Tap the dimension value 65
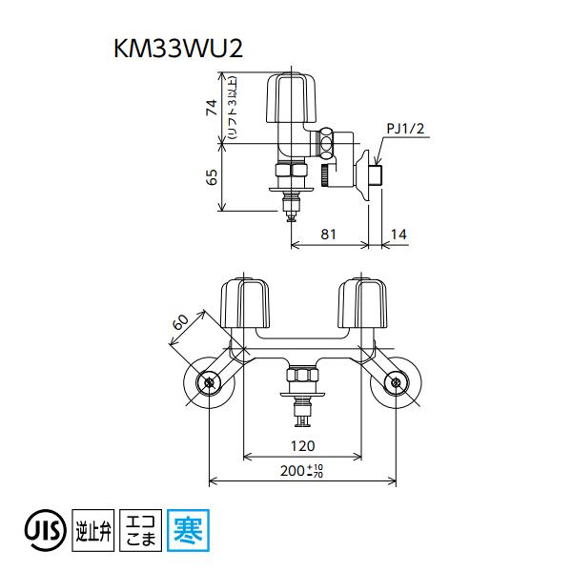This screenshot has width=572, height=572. click(x=213, y=177)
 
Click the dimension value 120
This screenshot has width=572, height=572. click(x=302, y=445)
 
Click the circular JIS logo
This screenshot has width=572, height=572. click(x=42, y=527)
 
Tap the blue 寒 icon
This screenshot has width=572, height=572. click(x=186, y=527)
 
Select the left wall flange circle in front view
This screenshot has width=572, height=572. click(x=209, y=382)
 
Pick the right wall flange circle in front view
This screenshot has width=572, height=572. click(x=395, y=382)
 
